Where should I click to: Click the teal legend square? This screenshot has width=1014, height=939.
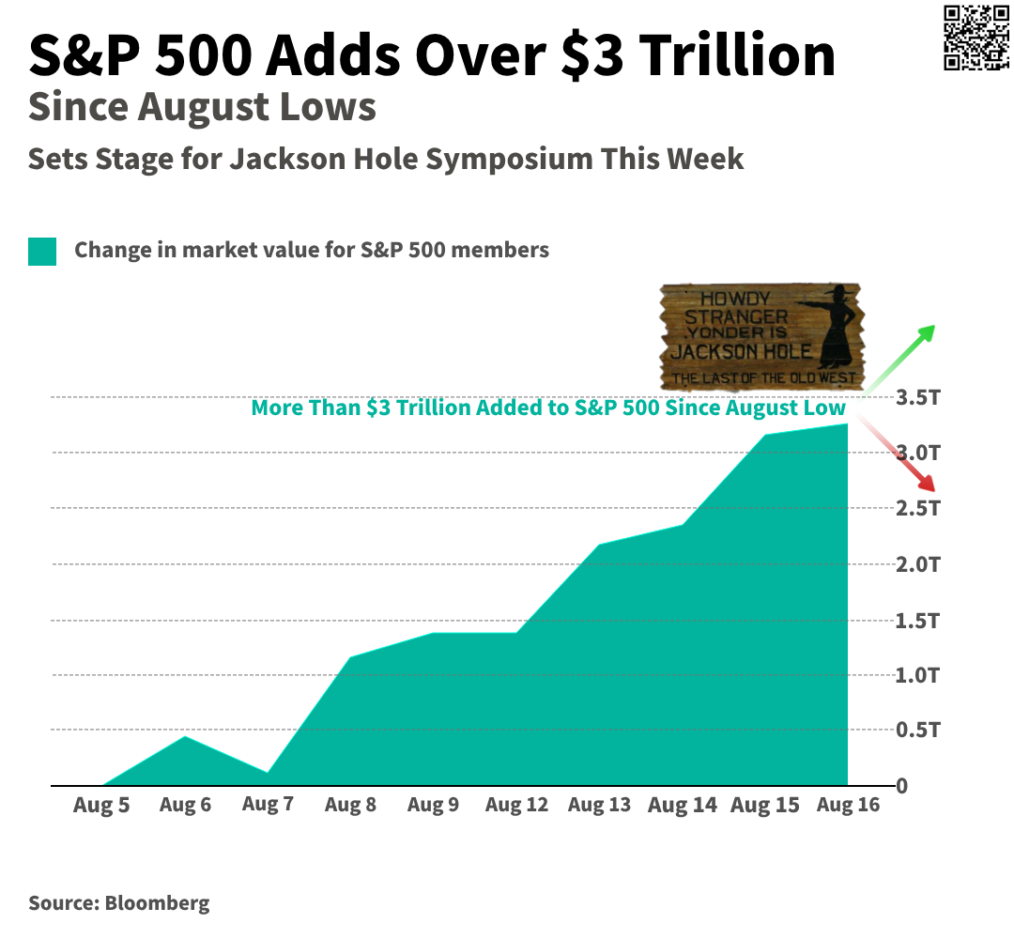[42, 251]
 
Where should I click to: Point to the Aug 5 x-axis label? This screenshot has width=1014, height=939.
[101, 806]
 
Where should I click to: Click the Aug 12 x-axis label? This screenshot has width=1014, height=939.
[516, 806]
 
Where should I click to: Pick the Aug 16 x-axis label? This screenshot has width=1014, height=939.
[848, 806]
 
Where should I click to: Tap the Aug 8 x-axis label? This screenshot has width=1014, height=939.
[350, 806]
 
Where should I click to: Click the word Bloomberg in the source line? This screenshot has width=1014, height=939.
[157, 904]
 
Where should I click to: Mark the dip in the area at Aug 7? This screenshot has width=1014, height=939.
[268, 773]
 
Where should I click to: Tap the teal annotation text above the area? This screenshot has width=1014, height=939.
[548, 408]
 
